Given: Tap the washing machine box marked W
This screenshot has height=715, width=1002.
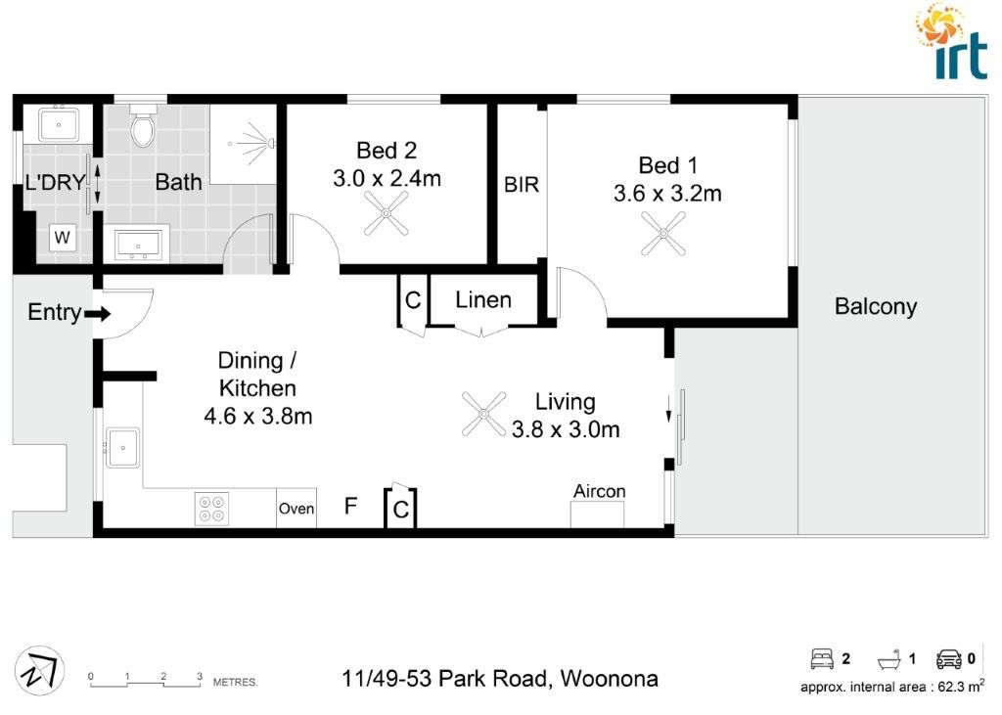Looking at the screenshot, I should click(62, 236).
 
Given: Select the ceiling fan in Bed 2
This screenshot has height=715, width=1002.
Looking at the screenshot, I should click(386, 213).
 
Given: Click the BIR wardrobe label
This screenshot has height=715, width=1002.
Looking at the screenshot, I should click(522, 184).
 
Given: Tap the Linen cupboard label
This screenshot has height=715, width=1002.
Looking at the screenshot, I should click(483, 299).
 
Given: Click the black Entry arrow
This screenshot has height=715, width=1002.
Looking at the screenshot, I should click(99, 314).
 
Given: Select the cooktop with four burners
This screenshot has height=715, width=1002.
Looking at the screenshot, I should click(210, 509).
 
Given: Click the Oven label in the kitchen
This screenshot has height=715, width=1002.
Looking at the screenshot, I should click(296, 509).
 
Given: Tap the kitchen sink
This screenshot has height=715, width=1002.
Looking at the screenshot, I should click(122, 448).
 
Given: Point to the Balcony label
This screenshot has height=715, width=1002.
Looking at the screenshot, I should click(875, 306).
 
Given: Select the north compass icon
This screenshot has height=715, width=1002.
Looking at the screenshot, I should click(43, 672).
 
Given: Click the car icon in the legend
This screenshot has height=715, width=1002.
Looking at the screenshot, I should click(948, 658).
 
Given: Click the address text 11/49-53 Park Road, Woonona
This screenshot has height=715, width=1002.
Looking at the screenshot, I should click(500, 678).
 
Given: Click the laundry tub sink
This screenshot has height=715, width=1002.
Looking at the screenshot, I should click(59, 124).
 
